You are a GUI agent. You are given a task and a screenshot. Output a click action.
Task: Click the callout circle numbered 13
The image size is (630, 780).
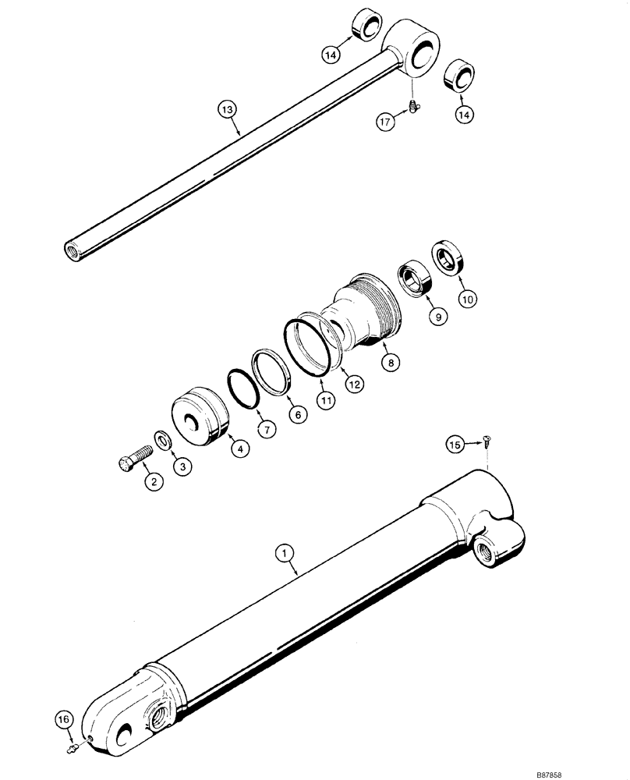coord(226,112)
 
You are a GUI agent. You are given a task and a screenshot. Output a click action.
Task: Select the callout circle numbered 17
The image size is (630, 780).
coord(384,122)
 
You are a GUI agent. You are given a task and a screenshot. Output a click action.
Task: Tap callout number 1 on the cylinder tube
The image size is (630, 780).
coord(287,553)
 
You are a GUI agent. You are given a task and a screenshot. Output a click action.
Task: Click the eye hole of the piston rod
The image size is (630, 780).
coord(423,55)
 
